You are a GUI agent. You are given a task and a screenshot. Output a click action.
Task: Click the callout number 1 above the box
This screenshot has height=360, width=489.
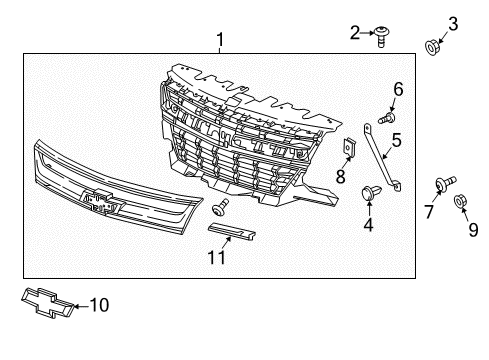point(219,40)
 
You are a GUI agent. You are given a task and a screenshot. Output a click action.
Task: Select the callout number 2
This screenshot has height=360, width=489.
point(355,34)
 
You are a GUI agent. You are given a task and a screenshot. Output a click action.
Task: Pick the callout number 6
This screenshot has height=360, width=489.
point(397,90)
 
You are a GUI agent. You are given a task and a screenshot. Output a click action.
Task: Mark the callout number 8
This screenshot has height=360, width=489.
point(340,176)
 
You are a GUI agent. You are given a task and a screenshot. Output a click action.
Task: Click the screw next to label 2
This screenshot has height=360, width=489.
point(381,37)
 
